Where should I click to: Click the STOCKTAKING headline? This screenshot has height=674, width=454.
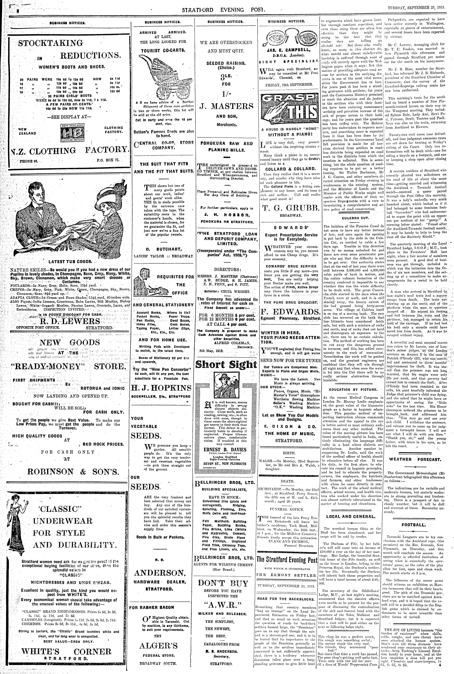click(x=50, y=43)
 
